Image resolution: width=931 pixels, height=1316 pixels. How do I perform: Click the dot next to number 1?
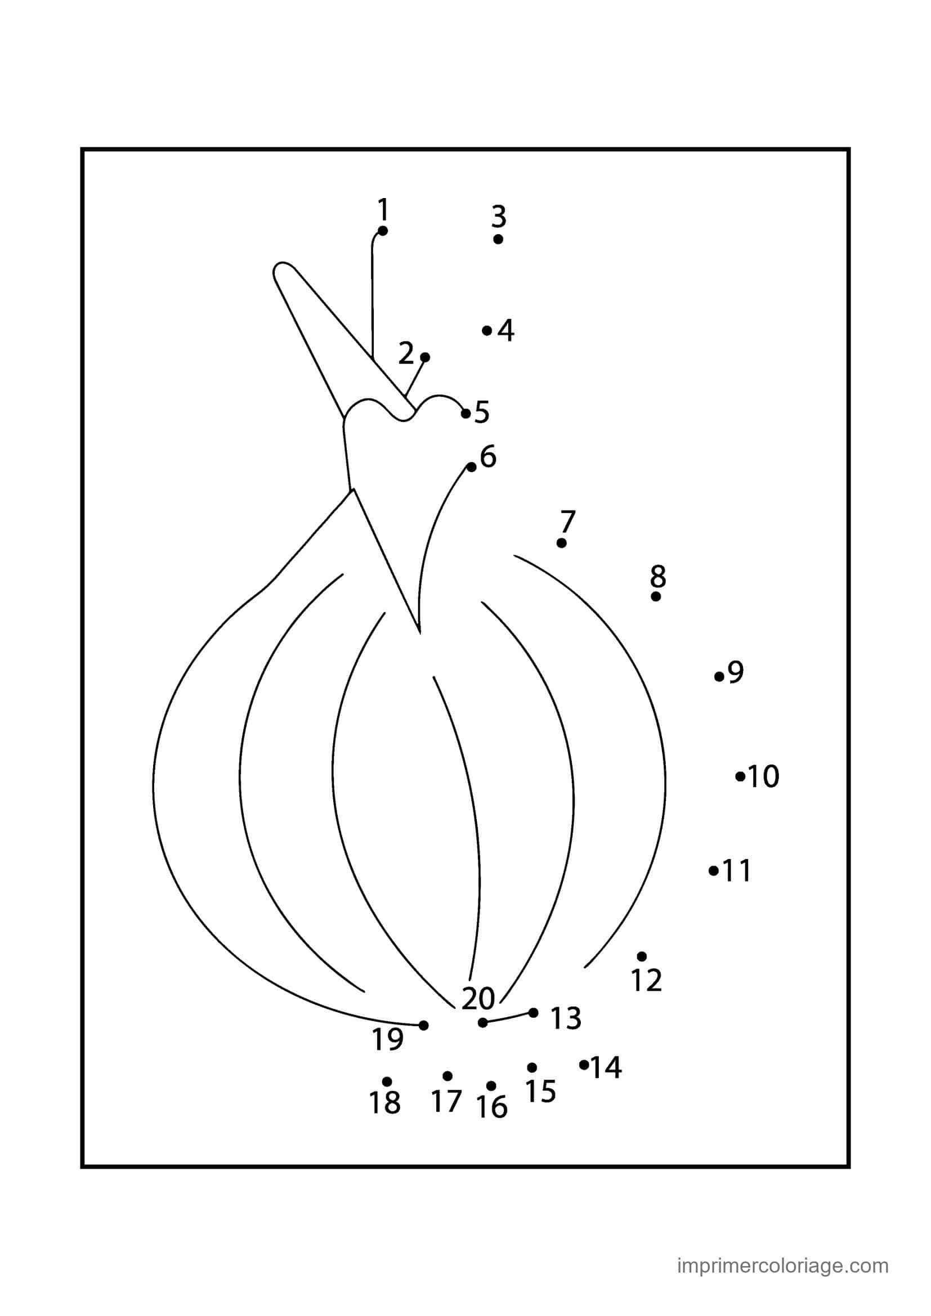(383, 231)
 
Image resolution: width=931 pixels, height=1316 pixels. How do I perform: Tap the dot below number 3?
(498, 239)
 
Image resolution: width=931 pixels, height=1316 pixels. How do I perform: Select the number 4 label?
(505, 330)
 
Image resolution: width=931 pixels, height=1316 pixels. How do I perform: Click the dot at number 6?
(471, 467)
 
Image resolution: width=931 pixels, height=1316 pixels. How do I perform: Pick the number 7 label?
(567, 521)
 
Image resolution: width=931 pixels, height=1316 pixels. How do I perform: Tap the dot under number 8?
(656, 596)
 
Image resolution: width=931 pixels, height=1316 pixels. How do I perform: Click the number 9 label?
(736, 672)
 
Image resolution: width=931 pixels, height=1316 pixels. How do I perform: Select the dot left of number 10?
(740, 776)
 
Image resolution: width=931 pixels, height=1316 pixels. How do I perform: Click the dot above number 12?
(642, 956)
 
